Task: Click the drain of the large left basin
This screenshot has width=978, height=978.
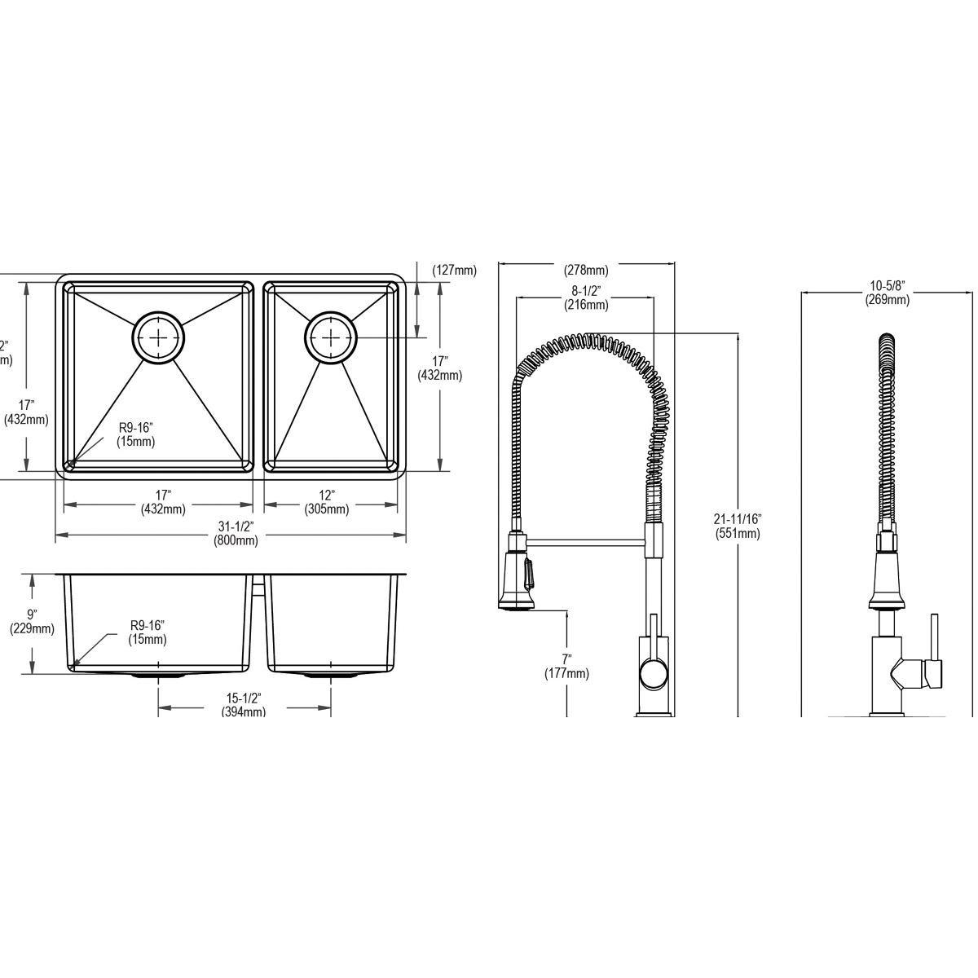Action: [x=159, y=335]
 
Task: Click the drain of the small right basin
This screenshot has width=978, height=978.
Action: [x=331, y=335]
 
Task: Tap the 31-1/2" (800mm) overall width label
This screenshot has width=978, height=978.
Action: [x=236, y=533]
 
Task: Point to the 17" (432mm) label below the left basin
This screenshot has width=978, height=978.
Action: [x=162, y=502]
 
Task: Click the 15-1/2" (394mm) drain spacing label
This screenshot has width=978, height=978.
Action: [x=243, y=704]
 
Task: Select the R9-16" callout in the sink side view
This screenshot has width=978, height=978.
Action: [x=147, y=632]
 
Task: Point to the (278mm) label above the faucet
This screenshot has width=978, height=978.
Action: [x=586, y=271]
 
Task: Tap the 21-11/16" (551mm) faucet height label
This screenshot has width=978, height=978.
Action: [x=737, y=526]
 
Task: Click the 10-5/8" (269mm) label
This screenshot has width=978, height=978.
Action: [x=887, y=292]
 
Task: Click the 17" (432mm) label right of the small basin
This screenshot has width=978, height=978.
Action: [x=439, y=368]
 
